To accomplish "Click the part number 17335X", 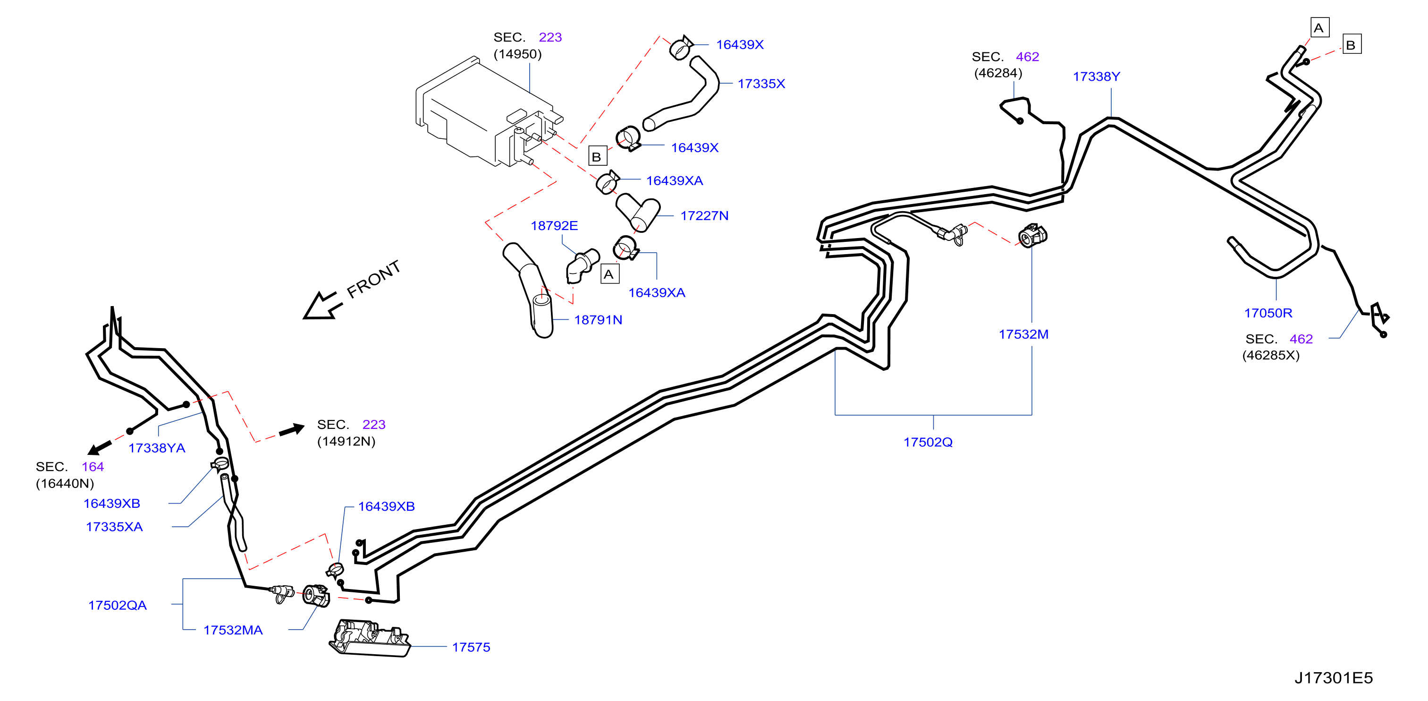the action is [x=761, y=84].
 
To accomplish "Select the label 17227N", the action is [x=704, y=216].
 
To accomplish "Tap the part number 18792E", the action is [x=554, y=226].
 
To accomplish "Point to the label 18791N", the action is [x=598, y=320].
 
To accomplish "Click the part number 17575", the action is [x=471, y=647].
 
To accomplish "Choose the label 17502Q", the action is [x=928, y=442].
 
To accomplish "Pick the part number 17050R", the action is [x=1268, y=313].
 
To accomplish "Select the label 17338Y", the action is [x=1096, y=77].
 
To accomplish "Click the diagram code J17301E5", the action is [x=1333, y=678].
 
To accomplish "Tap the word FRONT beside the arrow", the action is [x=373, y=279].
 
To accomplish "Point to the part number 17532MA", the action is [x=233, y=630].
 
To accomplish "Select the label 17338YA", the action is [x=157, y=448].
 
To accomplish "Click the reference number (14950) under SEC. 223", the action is [x=517, y=54].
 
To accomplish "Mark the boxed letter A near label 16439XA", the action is [x=610, y=274].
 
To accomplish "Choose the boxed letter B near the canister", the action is [x=597, y=156].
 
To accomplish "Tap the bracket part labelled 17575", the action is [x=370, y=639].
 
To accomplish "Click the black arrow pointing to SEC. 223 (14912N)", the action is [x=292, y=429].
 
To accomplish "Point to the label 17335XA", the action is [x=114, y=527].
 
